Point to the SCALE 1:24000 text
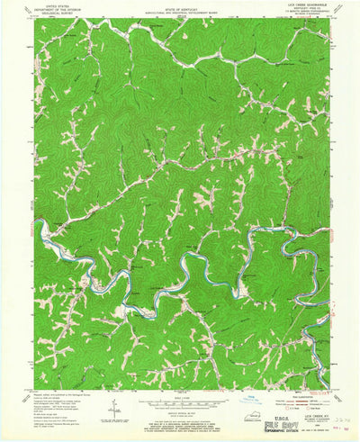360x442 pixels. (x=180, y=395)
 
